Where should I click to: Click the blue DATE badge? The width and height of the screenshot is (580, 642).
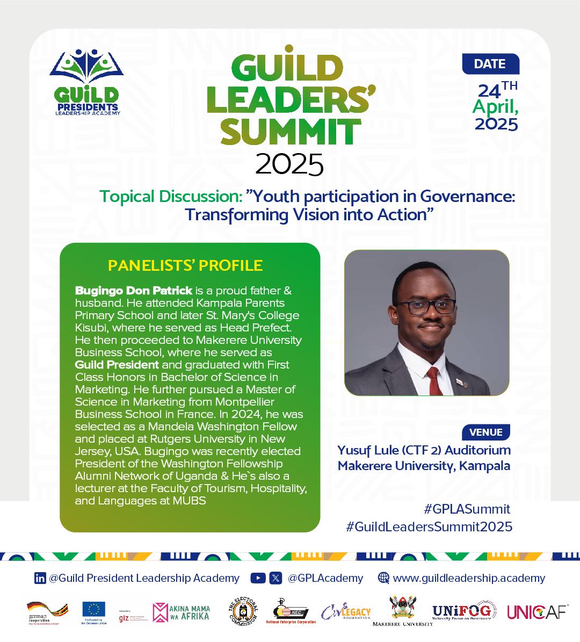(490, 64)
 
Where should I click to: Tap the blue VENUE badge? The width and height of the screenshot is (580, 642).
(485, 432)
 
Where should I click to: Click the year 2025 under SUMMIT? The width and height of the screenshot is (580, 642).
(289, 164)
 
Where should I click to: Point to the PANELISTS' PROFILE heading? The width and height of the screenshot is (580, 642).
(185, 265)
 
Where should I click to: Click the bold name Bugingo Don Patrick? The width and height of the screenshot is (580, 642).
(134, 291)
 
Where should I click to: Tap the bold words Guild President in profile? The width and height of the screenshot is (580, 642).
(117, 365)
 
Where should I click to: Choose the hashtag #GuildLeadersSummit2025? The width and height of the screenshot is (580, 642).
(429, 526)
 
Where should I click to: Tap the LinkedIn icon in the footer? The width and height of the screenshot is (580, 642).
(40, 578)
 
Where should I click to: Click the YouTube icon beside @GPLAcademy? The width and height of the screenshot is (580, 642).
(258, 578)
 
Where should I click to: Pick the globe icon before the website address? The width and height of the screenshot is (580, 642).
(383, 578)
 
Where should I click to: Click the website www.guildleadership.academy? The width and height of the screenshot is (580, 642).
(469, 578)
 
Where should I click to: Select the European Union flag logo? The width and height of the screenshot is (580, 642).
(94, 611)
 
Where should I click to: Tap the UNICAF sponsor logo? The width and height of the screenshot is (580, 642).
(538, 611)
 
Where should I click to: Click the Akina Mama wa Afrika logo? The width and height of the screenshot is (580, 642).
(181, 612)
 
